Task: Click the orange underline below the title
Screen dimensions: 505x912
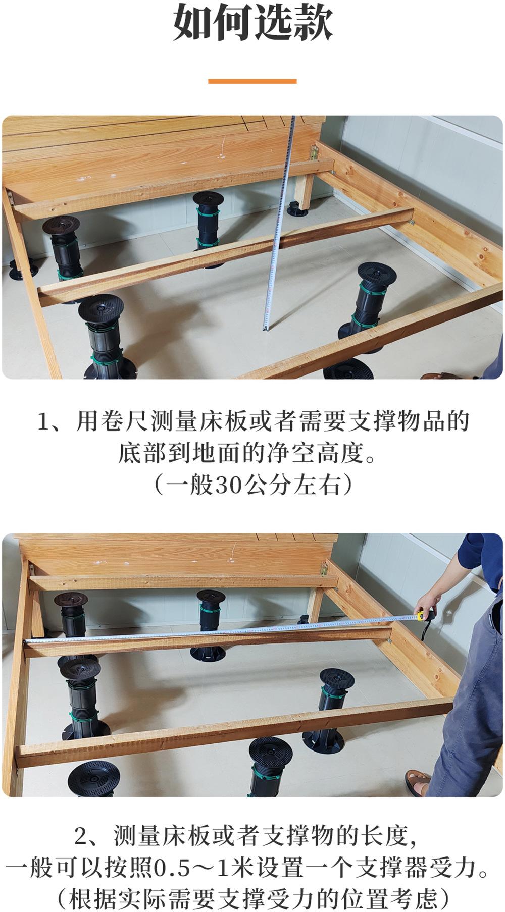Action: click(x=252, y=81)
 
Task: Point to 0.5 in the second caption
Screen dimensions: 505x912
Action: click(x=172, y=869)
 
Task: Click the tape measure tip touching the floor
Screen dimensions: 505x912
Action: click(x=264, y=329)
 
